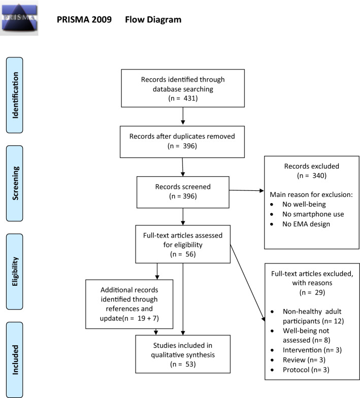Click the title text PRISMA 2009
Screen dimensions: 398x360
pyautogui.click(x=86, y=20)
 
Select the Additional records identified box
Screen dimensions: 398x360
pyautogui.click(x=129, y=304)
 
